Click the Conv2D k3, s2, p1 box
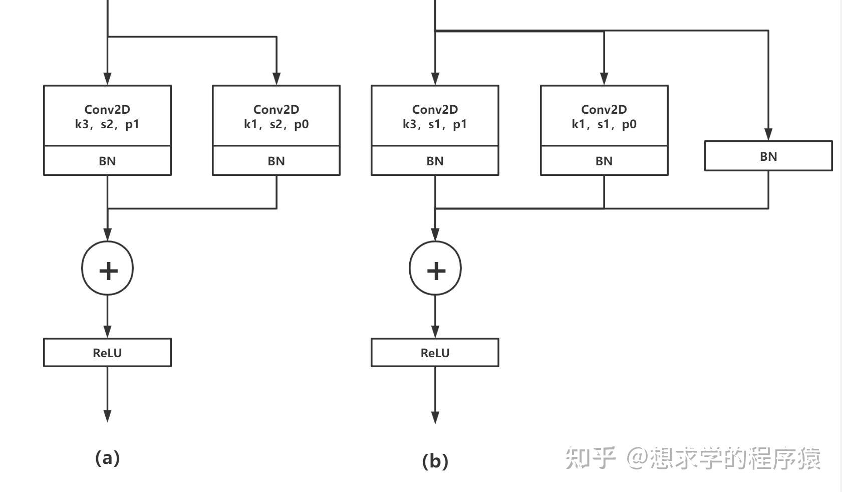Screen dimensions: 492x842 [107, 116]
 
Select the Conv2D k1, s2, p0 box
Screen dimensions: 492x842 [276, 116]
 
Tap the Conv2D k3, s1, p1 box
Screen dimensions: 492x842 [435, 116]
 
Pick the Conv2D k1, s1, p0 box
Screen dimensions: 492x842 [604, 116]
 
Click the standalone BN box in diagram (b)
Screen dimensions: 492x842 [768, 156]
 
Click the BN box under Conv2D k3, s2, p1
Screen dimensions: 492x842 [107, 161]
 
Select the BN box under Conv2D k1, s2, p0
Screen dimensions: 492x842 [276, 161]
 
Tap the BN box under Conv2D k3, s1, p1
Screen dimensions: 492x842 [435, 161]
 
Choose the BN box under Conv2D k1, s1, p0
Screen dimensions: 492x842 [604, 161]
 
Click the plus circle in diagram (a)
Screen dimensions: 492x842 [108, 269]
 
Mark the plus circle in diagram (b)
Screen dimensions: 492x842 [435, 269]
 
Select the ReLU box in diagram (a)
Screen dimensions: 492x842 [107, 353]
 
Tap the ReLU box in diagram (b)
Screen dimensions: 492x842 [435, 353]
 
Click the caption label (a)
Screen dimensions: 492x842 [107, 458]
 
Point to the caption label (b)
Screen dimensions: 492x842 [435, 461]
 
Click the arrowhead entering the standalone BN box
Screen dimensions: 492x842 [768, 134]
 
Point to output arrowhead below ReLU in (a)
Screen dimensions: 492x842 [107, 416]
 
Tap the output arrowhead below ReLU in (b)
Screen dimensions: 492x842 [435, 417]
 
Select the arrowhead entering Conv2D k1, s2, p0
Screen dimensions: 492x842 [276, 79]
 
